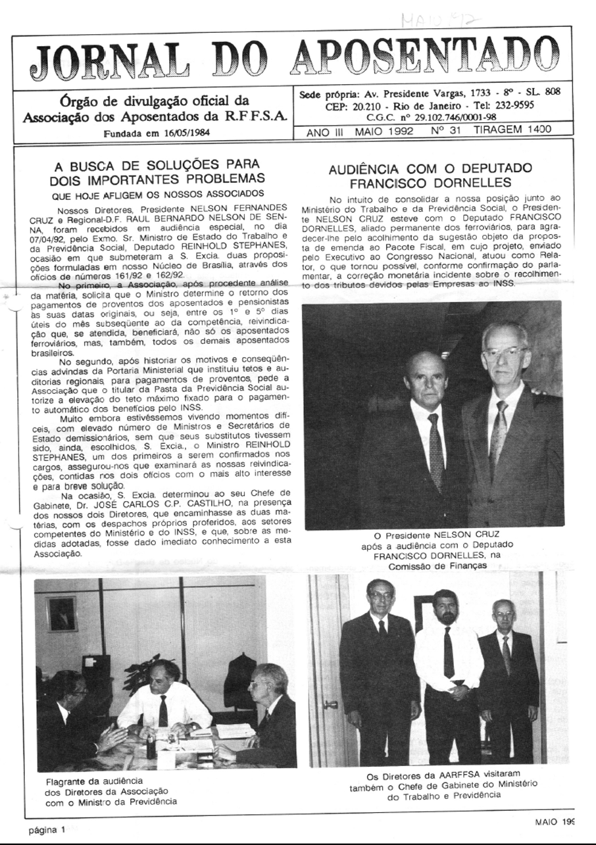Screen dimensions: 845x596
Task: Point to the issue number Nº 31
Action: [x=447, y=130]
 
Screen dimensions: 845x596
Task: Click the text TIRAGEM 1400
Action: [x=513, y=130]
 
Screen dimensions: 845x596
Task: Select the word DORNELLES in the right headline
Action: [x=472, y=182]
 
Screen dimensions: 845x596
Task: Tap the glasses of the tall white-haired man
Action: [x=505, y=353]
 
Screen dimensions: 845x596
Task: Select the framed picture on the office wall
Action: [x=61, y=613]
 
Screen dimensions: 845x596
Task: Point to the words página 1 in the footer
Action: [x=47, y=829]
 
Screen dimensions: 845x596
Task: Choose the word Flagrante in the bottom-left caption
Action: [x=68, y=781]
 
